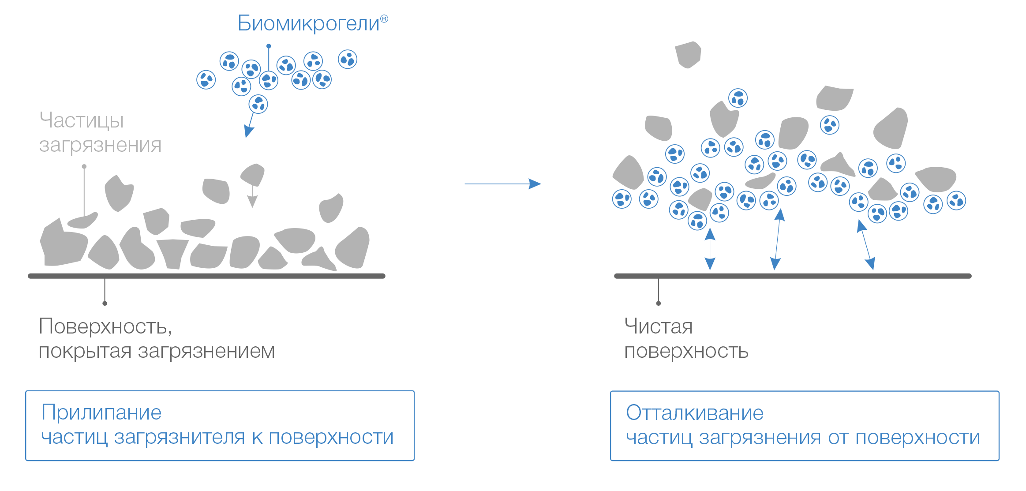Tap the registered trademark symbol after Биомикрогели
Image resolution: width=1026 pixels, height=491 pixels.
(x=384, y=19)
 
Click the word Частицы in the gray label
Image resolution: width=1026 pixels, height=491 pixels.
(x=82, y=120)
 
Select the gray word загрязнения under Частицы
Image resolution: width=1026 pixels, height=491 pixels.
(x=100, y=145)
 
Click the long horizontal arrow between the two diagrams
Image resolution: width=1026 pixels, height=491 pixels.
(x=502, y=184)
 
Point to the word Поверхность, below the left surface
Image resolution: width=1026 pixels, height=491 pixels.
(x=105, y=327)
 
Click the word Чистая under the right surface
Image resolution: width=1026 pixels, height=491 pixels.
(x=658, y=327)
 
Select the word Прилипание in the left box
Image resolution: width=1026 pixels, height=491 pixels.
(x=101, y=413)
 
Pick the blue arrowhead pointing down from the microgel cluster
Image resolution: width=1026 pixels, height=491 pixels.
(x=249, y=131)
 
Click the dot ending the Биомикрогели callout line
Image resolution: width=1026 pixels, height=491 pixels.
(x=269, y=46)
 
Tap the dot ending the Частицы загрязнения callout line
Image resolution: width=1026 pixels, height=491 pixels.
(x=84, y=166)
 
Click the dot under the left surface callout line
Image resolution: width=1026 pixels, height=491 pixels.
(x=105, y=303)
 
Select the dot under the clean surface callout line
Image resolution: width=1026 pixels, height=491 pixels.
(x=659, y=303)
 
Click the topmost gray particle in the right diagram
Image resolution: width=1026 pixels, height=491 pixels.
(x=688, y=54)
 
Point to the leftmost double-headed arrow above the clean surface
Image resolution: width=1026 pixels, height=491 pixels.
(x=710, y=248)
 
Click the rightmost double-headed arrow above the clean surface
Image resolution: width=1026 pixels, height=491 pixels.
(x=865, y=244)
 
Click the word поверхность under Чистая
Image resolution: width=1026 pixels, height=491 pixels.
(x=686, y=352)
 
